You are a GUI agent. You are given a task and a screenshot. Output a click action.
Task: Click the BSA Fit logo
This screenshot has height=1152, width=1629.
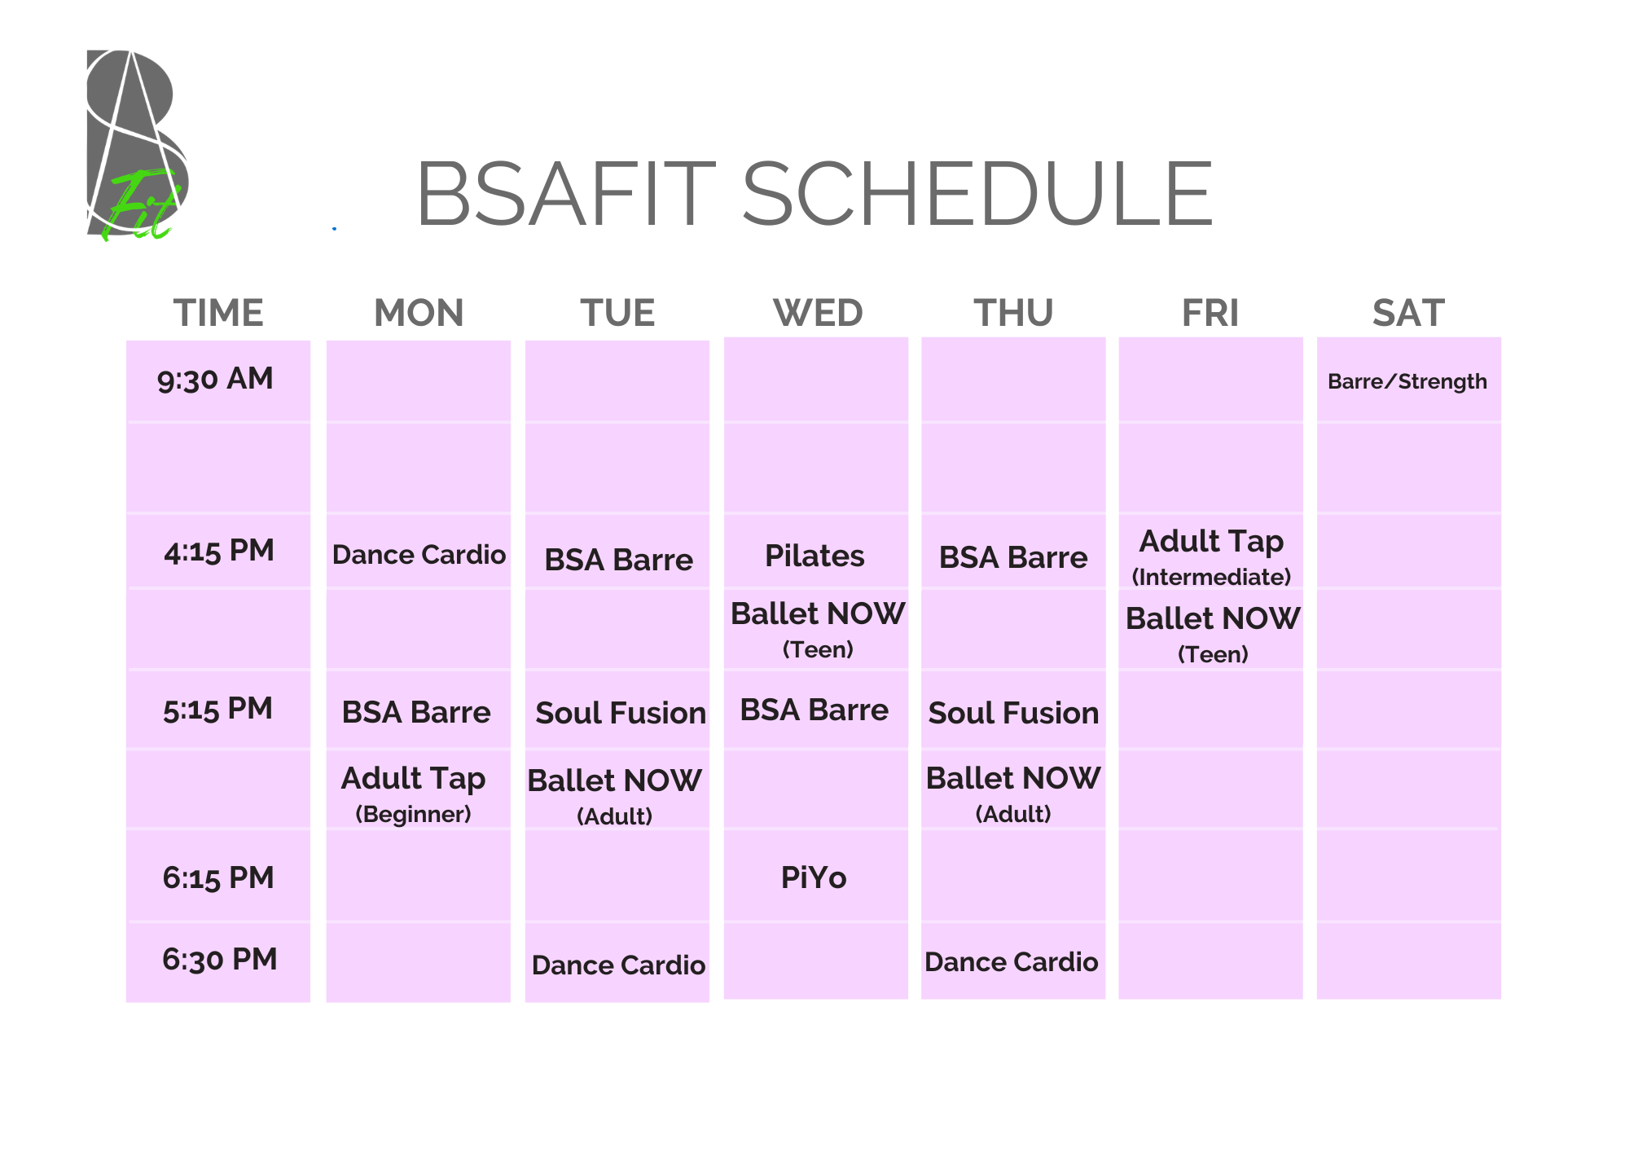tap(137, 145)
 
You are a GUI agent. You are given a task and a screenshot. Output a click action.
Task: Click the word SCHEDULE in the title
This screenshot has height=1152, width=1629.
tap(977, 194)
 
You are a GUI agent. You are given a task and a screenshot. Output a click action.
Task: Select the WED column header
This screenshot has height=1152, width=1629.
tap(818, 313)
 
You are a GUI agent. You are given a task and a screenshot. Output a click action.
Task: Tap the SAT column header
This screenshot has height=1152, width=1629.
tap(1408, 313)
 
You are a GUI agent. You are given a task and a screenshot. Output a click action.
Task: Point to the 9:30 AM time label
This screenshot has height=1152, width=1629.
tap(215, 379)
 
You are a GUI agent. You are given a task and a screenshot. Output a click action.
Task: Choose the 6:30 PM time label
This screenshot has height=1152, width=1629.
tap(220, 959)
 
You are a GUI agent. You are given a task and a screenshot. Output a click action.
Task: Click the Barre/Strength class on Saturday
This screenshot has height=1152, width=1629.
tap(1407, 381)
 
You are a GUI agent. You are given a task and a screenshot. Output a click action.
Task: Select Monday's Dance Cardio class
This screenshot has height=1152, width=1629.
tap(419, 555)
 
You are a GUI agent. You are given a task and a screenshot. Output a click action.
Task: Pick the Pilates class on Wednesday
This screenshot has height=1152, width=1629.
tap(814, 556)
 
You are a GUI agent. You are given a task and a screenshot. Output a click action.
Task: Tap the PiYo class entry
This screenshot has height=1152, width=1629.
tap(814, 877)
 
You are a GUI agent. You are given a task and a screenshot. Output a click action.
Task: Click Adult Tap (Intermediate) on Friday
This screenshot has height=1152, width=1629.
tap(1211, 556)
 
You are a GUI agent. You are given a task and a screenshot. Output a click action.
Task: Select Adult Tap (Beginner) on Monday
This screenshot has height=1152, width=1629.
tap(413, 794)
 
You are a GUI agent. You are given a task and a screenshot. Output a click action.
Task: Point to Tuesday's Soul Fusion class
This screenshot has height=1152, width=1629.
tap(621, 713)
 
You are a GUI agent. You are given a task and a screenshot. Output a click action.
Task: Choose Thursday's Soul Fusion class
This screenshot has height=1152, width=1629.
tap(1013, 713)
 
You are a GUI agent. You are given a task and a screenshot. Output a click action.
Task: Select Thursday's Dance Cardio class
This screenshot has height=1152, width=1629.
tap(1011, 962)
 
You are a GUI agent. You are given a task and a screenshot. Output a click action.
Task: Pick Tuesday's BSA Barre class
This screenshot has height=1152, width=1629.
tap(619, 560)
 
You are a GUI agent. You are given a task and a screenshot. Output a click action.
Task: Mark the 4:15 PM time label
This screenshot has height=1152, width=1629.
tap(219, 551)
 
